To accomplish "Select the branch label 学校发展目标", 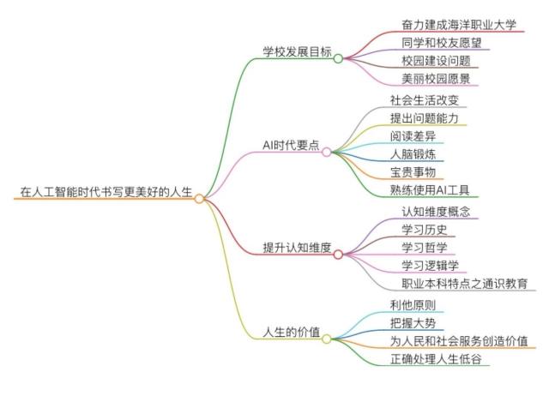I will (x=296, y=50).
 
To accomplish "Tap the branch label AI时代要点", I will (x=291, y=144).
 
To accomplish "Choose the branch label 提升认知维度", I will (x=296, y=247).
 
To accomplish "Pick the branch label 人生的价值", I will (x=291, y=332).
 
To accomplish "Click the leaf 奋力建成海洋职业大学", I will (x=458, y=24).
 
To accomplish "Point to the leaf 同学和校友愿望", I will (x=442, y=42).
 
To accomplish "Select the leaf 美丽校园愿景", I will (x=436, y=78).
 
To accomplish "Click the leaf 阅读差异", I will (x=412, y=135).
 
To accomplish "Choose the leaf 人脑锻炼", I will (x=412, y=153).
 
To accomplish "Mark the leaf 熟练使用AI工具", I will (x=429, y=189).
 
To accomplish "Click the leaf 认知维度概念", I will (x=435, y=210).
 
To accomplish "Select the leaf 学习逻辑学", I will (x=430, y=265).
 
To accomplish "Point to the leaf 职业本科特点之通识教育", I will (x=464, y=284).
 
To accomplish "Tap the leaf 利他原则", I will (x=412, y=304).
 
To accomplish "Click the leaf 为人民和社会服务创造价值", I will (x=458, y=340).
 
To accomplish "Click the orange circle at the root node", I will (x=199, y=199).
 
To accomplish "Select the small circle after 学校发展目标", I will (x=338, y=59).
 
